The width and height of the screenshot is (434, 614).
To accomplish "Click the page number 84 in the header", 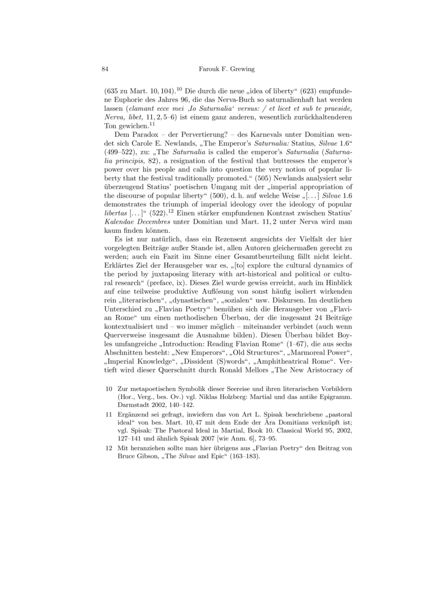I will [106, 69].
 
